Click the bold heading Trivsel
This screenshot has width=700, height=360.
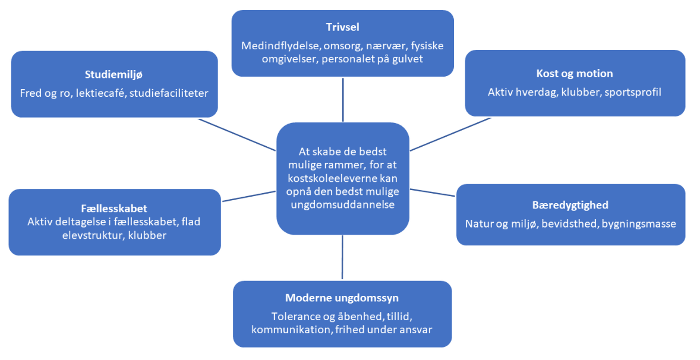click(x=342, y=27)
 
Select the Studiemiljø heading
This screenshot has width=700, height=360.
click(x=114, y=75)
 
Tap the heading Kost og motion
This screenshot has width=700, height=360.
click(x=575, y=74)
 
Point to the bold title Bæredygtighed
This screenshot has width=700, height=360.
click(x=570, y=205)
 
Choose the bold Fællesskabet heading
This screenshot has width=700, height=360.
click(x=114, y=209)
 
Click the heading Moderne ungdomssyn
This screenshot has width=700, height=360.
click(x=342, y=298)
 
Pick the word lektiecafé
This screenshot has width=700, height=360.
click(x=100, y=94)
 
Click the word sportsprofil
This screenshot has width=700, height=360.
click(x=633, y=93)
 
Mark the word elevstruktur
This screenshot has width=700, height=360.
click(x=93, y=235)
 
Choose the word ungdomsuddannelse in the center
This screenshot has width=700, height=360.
click(x=342, y=205)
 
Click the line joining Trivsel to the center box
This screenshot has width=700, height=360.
click(x=343, y=99)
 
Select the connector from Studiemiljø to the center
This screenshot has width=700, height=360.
click(x=237, y=135)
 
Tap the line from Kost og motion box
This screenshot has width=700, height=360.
click(x=450, y=134)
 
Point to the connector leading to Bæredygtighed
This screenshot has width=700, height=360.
click(x=433, y=192)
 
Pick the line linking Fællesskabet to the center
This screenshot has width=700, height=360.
click(x=248, y=196)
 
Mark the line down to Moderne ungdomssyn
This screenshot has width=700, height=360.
click(x=342, y=257)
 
